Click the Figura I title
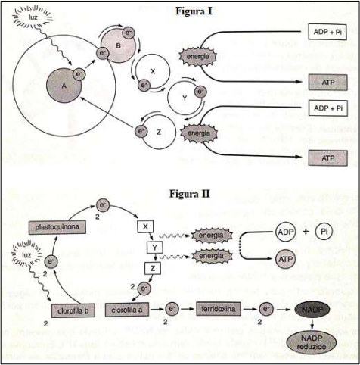click(x=194, y=11)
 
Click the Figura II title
click(x=190, y=194)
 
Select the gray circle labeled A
click(x=64, y=86)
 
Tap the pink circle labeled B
click(x=118, y=45)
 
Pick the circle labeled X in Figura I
click(x=153, y=72)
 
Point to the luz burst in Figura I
click(x=33, y=17)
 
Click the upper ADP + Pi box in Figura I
click(x=327, y=32)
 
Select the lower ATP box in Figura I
click(x=328, y=158)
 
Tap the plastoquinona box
click(x=57, y=227)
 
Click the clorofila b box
click(x=73, y=310)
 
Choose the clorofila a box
click(x=127, y=310)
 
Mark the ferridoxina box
click(x=219, y=309)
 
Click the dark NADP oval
click(x=312, y=310)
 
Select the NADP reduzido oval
click(x=312, y=342)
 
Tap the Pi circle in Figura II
click(x=324, y=231)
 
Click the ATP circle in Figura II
click(x=285, y=259)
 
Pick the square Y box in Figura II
click(x=155, y=248)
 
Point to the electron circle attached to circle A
click(x=79, y=74)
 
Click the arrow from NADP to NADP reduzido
click(x=312, y=324)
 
